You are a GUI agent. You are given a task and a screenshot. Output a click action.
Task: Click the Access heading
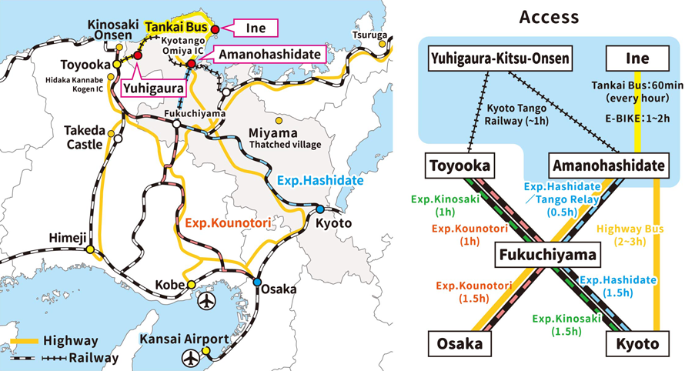549,16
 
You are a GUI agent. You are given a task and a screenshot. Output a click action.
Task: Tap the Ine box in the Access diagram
637,58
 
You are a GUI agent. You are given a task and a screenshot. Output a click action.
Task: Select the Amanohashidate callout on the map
269,55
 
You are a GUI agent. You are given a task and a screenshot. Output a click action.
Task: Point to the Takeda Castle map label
85,138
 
